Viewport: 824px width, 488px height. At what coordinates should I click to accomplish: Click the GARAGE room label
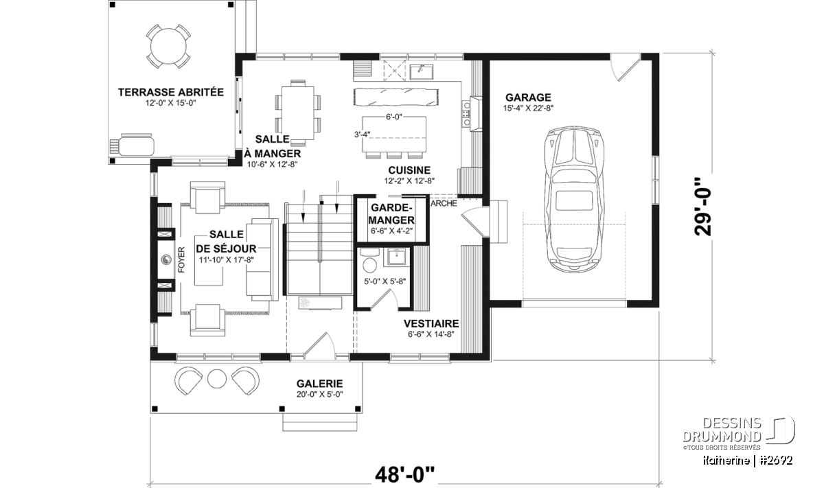[528, 97]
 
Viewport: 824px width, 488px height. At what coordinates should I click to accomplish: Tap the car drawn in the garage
[574, 200]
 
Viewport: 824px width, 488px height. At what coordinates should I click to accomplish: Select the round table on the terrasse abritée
[169, 46]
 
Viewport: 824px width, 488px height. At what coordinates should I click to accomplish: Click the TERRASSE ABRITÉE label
[171, 92]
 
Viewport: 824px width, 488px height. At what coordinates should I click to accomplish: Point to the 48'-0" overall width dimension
[404, 474]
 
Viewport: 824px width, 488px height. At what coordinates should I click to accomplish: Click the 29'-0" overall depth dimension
[703, 207]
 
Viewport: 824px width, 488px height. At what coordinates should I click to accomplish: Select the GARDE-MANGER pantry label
[391, 214]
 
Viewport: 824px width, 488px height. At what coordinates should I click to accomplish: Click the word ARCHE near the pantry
[444, 203]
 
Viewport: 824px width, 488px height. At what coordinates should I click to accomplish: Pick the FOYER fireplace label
[181, 260]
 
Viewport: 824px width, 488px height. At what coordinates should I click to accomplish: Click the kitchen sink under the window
[422, 71]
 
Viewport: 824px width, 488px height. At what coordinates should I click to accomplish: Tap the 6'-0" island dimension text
[394, 117]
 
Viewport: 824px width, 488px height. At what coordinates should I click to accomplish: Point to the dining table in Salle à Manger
[297, 113]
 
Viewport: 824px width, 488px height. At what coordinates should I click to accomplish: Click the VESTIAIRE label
[431, 323]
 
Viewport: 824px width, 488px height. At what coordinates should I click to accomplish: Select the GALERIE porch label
[320, 384]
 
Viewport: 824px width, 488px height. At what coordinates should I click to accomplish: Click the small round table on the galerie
[217, 379]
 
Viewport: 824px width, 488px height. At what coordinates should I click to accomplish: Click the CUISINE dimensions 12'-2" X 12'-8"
[409, 181]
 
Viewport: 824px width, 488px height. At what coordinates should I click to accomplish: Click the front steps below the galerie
[320, 422]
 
